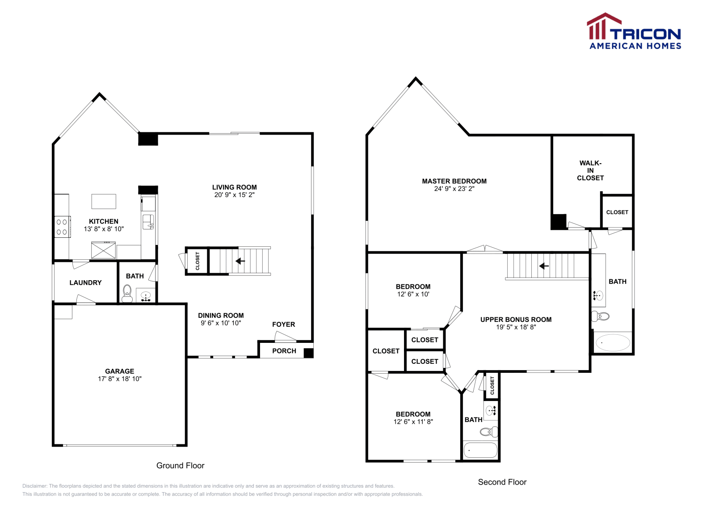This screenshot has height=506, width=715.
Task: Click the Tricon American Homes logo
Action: (x=634, y=31)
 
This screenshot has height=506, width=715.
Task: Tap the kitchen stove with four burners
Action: (x=62, y=227)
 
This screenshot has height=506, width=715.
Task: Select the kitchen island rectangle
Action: (x=104, y=202)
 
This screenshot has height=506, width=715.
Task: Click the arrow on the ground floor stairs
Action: (x=240, y=261)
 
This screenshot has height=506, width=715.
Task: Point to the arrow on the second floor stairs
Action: (x=544, y=266)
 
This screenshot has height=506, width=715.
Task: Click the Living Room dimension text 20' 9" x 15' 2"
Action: (x=234, y=195)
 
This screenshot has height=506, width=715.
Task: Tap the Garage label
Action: (x=119, y=371)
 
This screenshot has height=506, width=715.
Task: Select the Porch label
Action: (x=284, y=351)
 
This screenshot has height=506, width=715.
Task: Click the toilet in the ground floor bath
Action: (x=127, y=294)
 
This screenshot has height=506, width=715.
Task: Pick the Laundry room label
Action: (x=85, y=283)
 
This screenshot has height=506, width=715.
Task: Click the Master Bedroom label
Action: (x=454, y=181)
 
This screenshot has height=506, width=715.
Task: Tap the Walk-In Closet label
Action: (x=590, y=170)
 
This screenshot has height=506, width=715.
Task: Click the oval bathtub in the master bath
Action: (x=613, y=343)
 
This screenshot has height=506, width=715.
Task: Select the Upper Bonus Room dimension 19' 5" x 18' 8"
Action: (x=516, y=327)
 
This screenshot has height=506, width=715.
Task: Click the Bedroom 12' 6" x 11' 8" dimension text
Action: (x=413, y=422)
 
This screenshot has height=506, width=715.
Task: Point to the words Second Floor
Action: (x=502, y=482)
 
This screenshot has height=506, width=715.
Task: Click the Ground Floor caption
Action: (x=180, y=465)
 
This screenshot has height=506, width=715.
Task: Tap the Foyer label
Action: (x=283, y=325)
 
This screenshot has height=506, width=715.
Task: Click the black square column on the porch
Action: (x=308, y=353)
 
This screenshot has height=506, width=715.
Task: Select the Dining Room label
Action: (x=221, y=316)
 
